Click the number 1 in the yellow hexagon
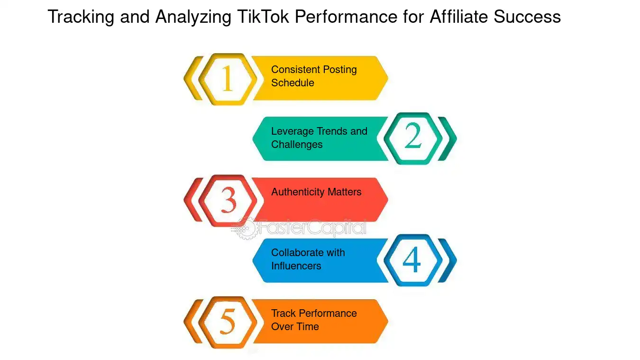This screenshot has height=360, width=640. click(x=228, y=79)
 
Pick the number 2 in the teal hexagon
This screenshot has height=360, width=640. click(x=413, y=138)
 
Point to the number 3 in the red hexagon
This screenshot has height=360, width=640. click(x=228, y=200)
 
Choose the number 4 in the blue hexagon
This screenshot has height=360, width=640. click(x=412, y=260)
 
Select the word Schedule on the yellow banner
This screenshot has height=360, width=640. click(x=293, y=83)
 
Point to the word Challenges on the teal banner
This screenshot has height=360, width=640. click(x=297, y=144)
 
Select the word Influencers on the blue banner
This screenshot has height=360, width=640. click(x=296, y=266)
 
